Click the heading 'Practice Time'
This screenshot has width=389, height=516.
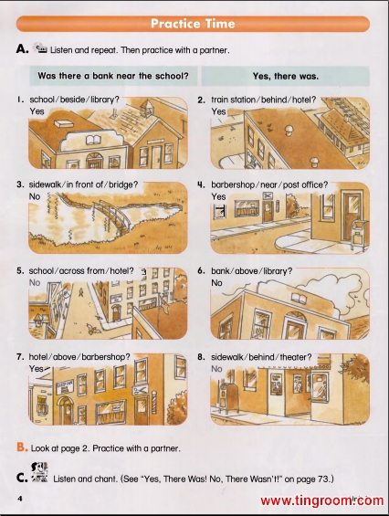[193, 24]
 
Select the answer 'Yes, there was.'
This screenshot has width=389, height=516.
[286, 76]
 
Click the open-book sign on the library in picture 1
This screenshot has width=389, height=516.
[94, 141]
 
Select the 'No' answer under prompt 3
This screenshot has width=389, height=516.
[35, 196]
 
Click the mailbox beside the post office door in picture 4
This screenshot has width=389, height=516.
[357, 233]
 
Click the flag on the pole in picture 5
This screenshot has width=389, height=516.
[163, 303]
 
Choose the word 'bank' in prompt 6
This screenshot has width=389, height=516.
[220, 271]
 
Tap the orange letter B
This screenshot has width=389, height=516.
[21, 448]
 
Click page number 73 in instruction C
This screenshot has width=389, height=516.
[317, 479]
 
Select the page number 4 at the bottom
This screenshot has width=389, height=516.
[20, 499]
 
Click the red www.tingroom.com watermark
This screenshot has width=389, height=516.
[321, 500]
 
